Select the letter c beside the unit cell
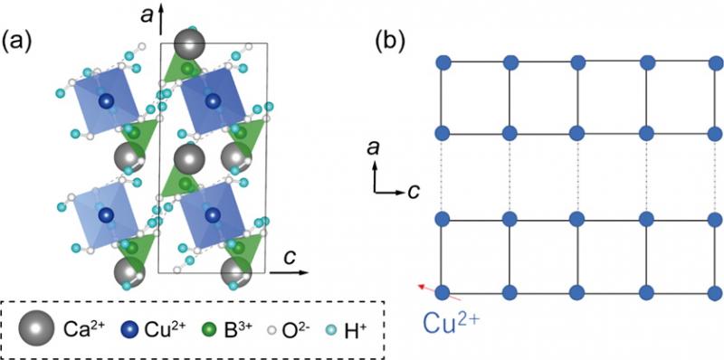290,258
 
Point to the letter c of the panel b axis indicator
414,191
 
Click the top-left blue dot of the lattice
443,62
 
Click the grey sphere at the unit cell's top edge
189,44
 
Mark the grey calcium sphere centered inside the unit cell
189,159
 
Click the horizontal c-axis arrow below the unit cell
289,272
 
